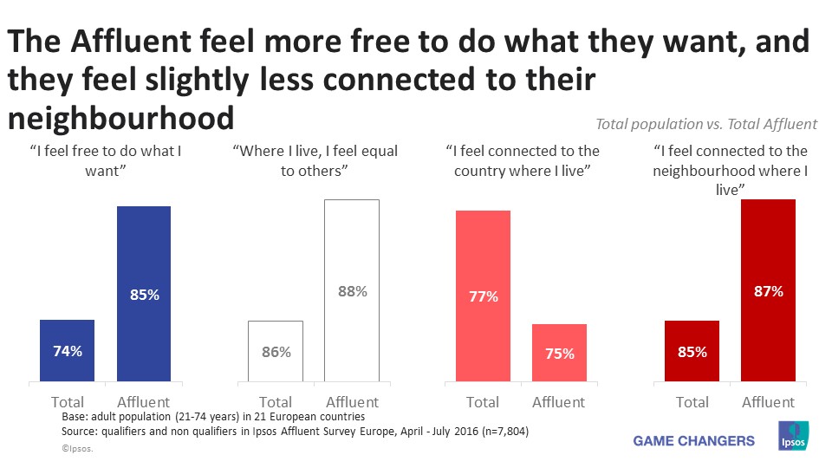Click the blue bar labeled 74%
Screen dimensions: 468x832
[67, 350]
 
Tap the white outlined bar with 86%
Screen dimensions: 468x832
[275, 351]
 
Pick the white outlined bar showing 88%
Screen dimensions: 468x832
[352, 290]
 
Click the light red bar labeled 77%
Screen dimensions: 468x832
[483, 296]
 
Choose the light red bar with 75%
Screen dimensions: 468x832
[559, 353]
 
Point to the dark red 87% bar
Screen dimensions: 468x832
[768, 290]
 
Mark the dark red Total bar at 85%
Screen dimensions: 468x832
[692, 351]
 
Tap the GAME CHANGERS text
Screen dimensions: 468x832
[694, 440]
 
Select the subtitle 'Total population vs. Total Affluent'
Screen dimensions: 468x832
[706, 125]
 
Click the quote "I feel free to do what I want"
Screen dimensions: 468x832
[105, 160]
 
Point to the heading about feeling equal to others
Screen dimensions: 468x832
[315, 160]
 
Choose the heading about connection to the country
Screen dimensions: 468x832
[522, 160]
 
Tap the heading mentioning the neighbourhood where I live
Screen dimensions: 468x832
[731, 169]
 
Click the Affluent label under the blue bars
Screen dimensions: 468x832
[144, 402]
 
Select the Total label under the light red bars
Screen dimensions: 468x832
[483, 402]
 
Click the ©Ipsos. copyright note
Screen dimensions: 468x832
[77, 449]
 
